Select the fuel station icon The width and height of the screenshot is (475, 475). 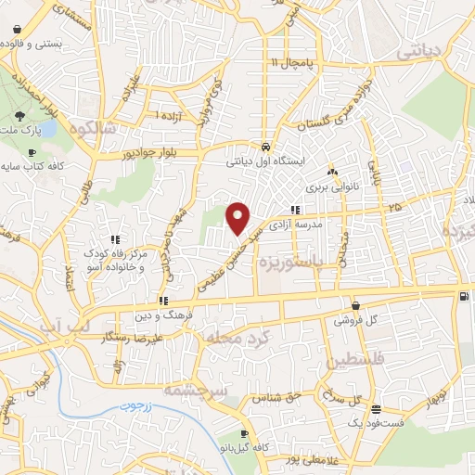(463, 296)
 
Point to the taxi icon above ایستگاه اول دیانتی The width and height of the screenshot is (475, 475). (266, 148)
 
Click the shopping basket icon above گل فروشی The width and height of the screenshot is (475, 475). (355, 306)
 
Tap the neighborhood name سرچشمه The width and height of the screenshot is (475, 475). (195, 392)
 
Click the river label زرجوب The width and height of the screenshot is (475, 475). (135, 406)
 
